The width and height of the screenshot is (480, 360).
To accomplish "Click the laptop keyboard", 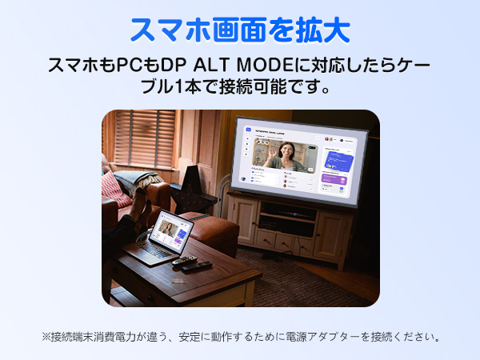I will click(153, 250).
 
